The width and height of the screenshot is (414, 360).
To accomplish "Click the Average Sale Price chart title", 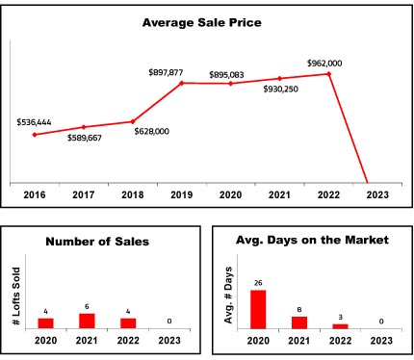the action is click(x=202, y=23).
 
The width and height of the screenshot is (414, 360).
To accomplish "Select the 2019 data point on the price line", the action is click(x=181, y=83).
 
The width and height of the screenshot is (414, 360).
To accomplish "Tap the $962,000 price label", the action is click(x=324, y=64).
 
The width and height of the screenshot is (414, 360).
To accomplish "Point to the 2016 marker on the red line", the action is click(x=35, y=135).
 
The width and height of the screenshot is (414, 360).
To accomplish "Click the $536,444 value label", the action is click(x=34, y=122).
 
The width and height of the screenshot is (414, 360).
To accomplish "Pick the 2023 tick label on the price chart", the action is click(x=377, y=194).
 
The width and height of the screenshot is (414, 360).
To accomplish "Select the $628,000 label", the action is click(x=152, y=131).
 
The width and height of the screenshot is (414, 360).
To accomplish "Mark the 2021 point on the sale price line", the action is click(x=279, y=78).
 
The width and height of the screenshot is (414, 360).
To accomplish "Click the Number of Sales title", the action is click(x=97, y=242).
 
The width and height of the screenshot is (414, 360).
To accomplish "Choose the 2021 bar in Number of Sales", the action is click(x=87, y=321).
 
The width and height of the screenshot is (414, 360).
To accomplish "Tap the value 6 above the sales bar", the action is click(x=87, y=307).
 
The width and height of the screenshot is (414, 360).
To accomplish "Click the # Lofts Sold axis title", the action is click(x=16, y=296).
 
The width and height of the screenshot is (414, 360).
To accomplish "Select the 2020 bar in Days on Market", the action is click(x=258, y=309).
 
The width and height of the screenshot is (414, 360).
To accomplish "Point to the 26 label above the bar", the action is click(x=258, y=283).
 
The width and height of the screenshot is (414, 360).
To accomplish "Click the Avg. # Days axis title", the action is click(x=228, y=295).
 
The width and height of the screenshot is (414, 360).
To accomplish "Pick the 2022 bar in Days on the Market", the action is click(x=340, y=326).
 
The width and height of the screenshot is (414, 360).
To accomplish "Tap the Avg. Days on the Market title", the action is click(x=312, y=240).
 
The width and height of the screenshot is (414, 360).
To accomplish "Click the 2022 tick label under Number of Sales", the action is click(x=128, y=340).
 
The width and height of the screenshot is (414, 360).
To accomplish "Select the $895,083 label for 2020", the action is click(x=226, y=75).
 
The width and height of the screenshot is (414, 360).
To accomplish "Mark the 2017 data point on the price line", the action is click(x=84, y=127).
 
